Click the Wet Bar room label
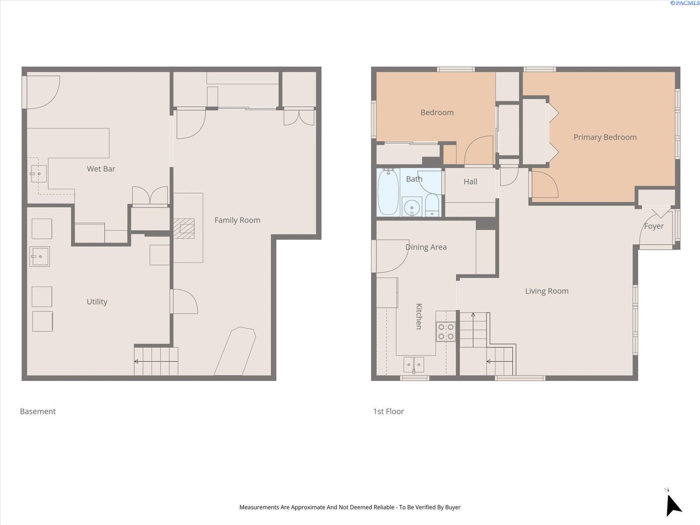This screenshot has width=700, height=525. [x=101, y=169]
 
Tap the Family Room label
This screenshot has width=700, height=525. [x=237, y=220]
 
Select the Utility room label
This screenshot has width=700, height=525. [x=97, y=301]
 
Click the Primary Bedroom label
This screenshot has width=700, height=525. [x=605, y=137]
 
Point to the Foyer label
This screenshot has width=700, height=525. [x=654, y=226]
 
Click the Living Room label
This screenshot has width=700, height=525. [x=546, y=291]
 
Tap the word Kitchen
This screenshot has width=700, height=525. [x=419, y=316]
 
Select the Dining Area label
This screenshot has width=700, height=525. [x=426, y=247]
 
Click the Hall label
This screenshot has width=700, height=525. [x=470, y=182]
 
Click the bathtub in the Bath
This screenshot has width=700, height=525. [x=388, y=192]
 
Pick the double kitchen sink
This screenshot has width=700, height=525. [x=413, y=364]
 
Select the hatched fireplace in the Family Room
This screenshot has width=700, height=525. [x=184, y=228]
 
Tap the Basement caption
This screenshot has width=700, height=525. [x=38, y=411]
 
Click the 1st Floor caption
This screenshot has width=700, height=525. [x=388, y=411]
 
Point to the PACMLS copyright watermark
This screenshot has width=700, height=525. [x=685, y=3]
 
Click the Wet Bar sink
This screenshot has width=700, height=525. [x=38, y=174]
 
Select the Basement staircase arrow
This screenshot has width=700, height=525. [x=136, y=361]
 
